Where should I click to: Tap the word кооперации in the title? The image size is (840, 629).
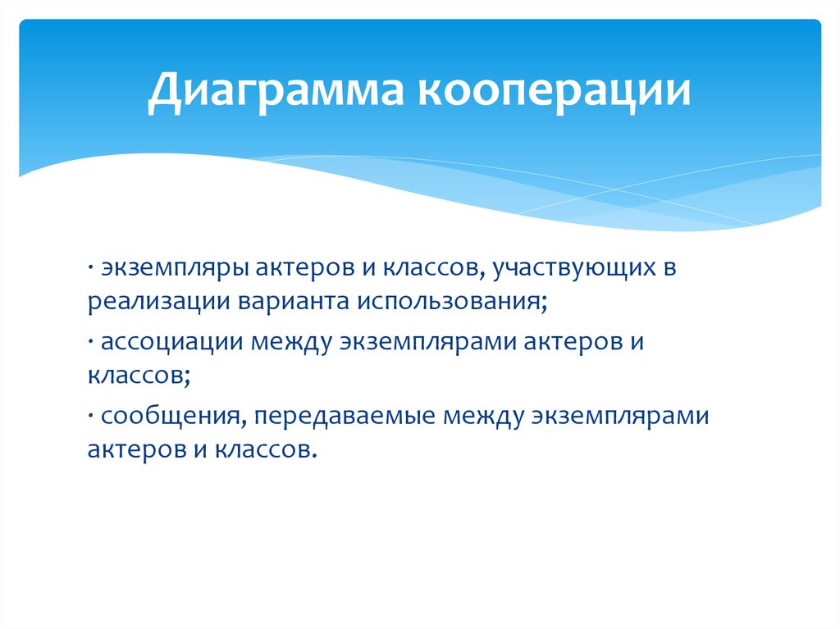[x=555, y=91]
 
